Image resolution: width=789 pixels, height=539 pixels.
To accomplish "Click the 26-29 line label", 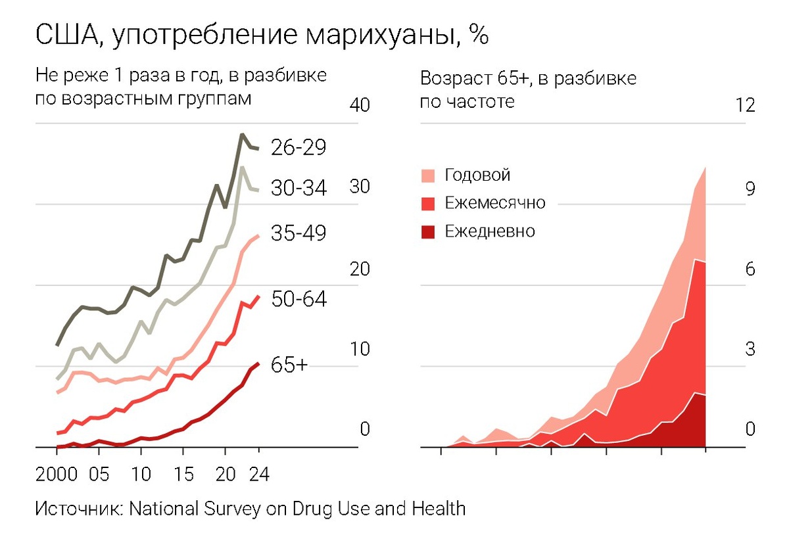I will (299, 147).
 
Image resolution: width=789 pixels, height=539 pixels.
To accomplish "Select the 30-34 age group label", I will (299, 189).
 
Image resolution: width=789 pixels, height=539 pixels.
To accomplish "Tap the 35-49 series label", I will (299, 233).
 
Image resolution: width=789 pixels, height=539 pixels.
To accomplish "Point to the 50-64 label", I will (299, 300).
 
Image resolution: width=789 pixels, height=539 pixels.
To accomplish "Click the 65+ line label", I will (289, 366).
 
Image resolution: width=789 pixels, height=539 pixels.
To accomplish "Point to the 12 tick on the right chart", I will (746, 105).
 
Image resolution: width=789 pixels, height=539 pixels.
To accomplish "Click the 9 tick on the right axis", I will (750, 189).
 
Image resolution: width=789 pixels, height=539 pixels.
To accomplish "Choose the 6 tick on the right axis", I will (750, 269).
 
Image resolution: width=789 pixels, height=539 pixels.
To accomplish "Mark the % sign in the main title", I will (479, 36).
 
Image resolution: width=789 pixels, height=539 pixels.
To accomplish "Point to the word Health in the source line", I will (439, 509).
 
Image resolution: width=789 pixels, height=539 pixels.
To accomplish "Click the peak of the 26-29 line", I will (242, 135).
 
